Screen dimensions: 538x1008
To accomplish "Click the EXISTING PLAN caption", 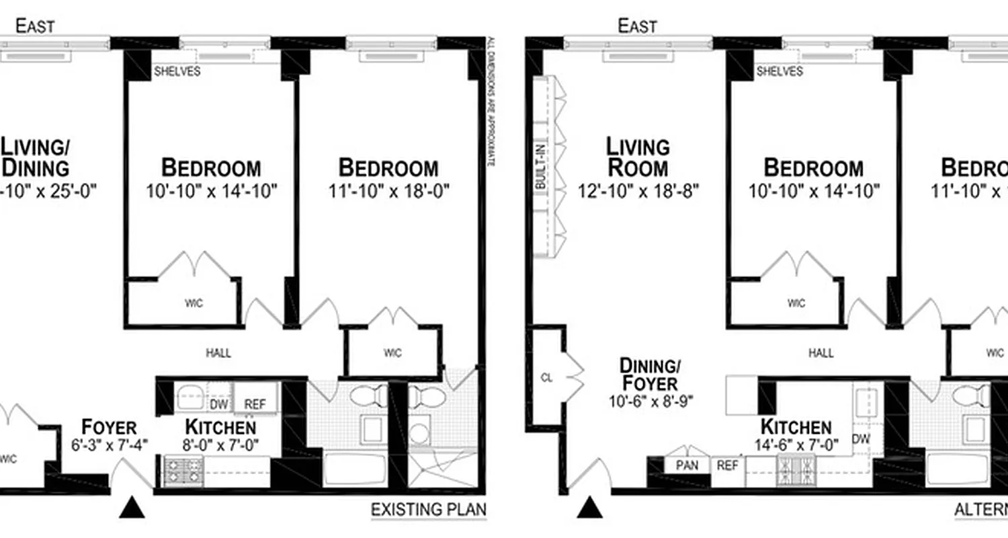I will tap(428, 510).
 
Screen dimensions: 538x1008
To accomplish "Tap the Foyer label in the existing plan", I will tap(109, 427).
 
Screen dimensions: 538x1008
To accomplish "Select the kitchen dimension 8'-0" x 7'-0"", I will tap(220, 444).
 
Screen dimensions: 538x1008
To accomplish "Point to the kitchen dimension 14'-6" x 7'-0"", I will tap(796, 444).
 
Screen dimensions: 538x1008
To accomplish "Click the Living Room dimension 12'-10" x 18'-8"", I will tap(638, 192).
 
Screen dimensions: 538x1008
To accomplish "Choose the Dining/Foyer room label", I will tap(649, 375).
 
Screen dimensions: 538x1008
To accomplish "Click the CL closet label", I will tap(546, 378).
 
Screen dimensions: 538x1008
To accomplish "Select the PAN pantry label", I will tap(686, 465).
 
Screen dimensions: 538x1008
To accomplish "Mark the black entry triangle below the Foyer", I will tap(132, 508).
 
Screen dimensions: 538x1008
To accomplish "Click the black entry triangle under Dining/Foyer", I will tap(589, 508).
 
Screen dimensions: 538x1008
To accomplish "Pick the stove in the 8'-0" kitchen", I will tap(183, 471).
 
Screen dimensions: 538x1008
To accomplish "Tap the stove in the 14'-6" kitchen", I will tap(796, 466).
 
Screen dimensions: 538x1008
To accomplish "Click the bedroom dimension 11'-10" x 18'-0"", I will tap(388, 192).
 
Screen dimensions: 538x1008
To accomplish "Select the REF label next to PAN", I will tap(726, 465).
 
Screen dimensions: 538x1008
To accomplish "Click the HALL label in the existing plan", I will tap(218, 352).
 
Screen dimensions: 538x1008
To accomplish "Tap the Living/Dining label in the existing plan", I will tap(35, 157).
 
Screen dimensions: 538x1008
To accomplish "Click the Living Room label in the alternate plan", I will tap(638, 157).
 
